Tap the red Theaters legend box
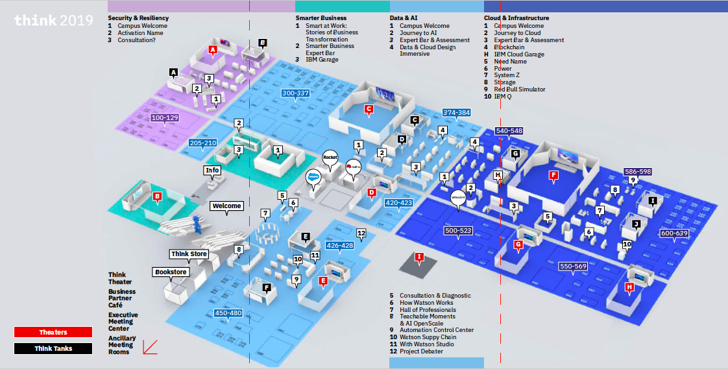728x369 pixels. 53,333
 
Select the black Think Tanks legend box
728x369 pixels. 53,348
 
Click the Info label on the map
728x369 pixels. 212,171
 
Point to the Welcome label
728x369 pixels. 226,206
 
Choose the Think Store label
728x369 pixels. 189,254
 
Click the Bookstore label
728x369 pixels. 171,272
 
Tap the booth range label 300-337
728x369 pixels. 295,93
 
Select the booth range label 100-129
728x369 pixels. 164,118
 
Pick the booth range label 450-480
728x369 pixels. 228,313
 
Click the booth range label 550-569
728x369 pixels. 573,267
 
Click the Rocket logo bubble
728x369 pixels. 331,158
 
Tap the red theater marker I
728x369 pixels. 419,257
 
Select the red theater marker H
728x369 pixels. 629,287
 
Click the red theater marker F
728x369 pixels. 553,175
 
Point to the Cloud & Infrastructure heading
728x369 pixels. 516,18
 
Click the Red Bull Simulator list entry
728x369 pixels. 519,89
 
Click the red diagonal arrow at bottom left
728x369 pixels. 149,347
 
